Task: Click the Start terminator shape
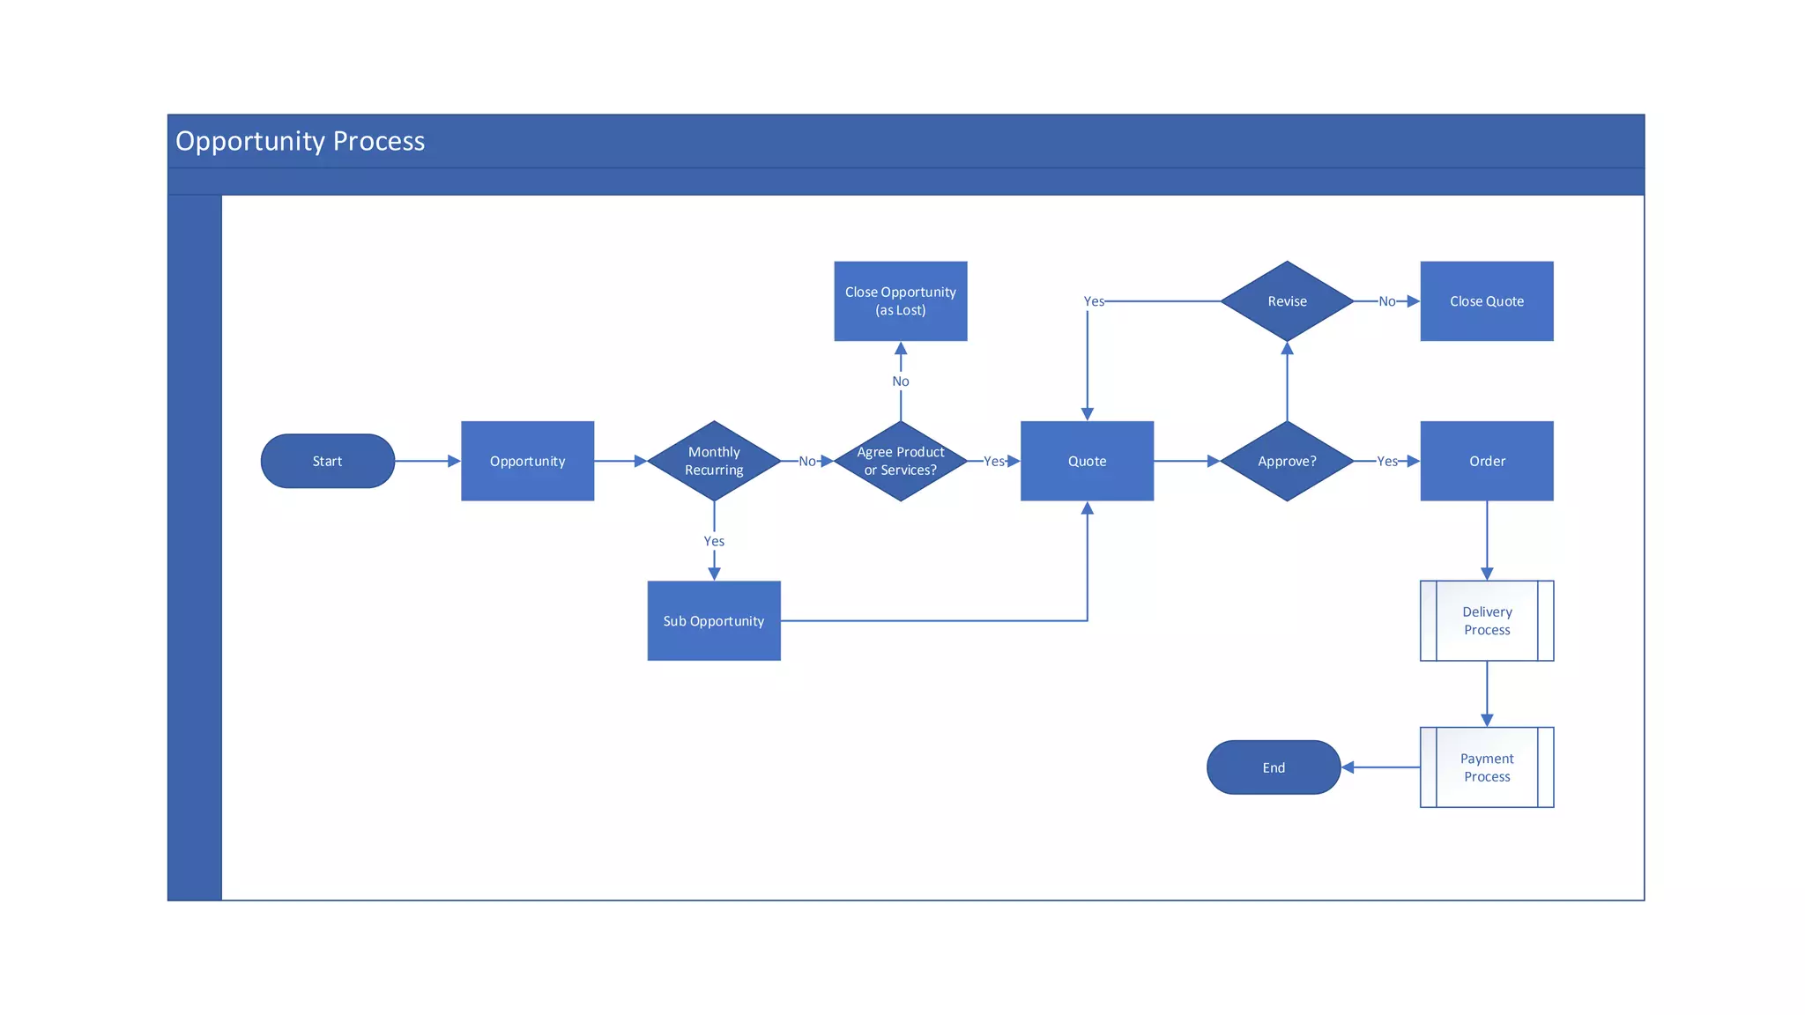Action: pyautogui.click(x=327, y=461)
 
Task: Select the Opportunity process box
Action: pyautogui.click(x=527, y=461)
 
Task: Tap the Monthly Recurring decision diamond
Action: pyautogui.click(x=714, y=461)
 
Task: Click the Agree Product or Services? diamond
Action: pyautogui.click(x=900, y=461)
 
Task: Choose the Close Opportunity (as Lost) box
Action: pyautogui.click(x=900, y=300)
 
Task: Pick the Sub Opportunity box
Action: pyautogui.click(x=714, y=620)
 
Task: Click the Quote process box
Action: pyautogui.click(x=1087, y=461)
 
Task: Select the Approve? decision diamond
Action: pyautogui.click(x=1287, y=461)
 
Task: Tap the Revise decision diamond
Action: pyautogui.click(x=1287, y=300)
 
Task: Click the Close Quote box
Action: pyautogui.click(x=1486, y=300)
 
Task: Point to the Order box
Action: pyautogui.click(x=1486, y=461)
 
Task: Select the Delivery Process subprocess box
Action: pyautogui.click(x=1486, y=620)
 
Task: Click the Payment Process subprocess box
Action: pyautogui.click(x=1486, y=767)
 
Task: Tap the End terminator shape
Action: pyautogui.click(x=1274, y=767)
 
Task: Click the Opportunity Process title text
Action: pyautogui.click(x=300, y=141)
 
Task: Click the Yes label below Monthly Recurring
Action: pyautogui.click(x=714, y=541)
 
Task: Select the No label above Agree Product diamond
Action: pyautogui.click(x=900, y=381)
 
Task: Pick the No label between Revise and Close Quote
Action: pyautogui.click(x=1386, y=301)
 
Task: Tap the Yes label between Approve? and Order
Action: pyautogui.click(x=1386, y=461)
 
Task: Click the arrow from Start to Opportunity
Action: pyautogui.click(x=427, y=461)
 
